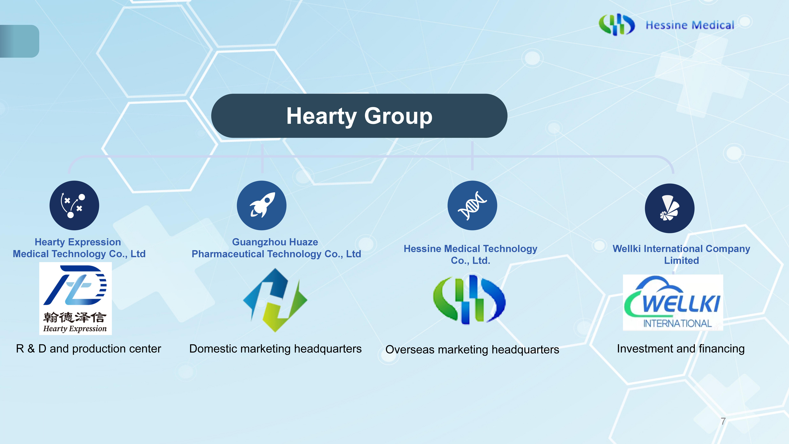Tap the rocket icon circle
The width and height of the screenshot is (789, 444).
point(262,205)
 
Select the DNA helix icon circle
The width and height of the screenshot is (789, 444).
point(472,205)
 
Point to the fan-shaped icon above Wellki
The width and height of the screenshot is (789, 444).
point(670,208)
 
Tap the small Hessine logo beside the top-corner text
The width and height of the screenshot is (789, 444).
point(617,25)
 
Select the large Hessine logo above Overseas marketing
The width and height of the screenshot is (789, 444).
point(469,299)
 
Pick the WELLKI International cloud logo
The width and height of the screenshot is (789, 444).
point(673,302)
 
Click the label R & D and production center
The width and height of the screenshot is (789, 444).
point(89,349)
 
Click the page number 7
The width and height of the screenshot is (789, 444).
point(723,421)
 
